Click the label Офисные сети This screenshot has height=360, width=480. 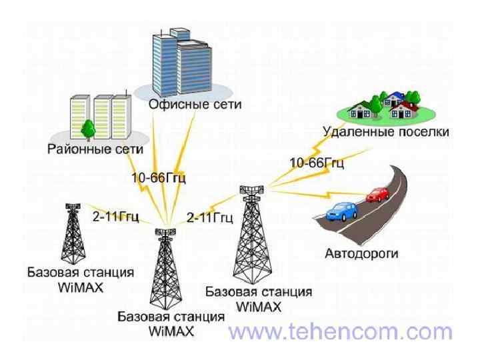195,105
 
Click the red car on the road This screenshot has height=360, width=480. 378,194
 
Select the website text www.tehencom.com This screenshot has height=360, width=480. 340,331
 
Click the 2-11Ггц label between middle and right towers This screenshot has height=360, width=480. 209,217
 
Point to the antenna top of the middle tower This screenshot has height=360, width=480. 164,233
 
